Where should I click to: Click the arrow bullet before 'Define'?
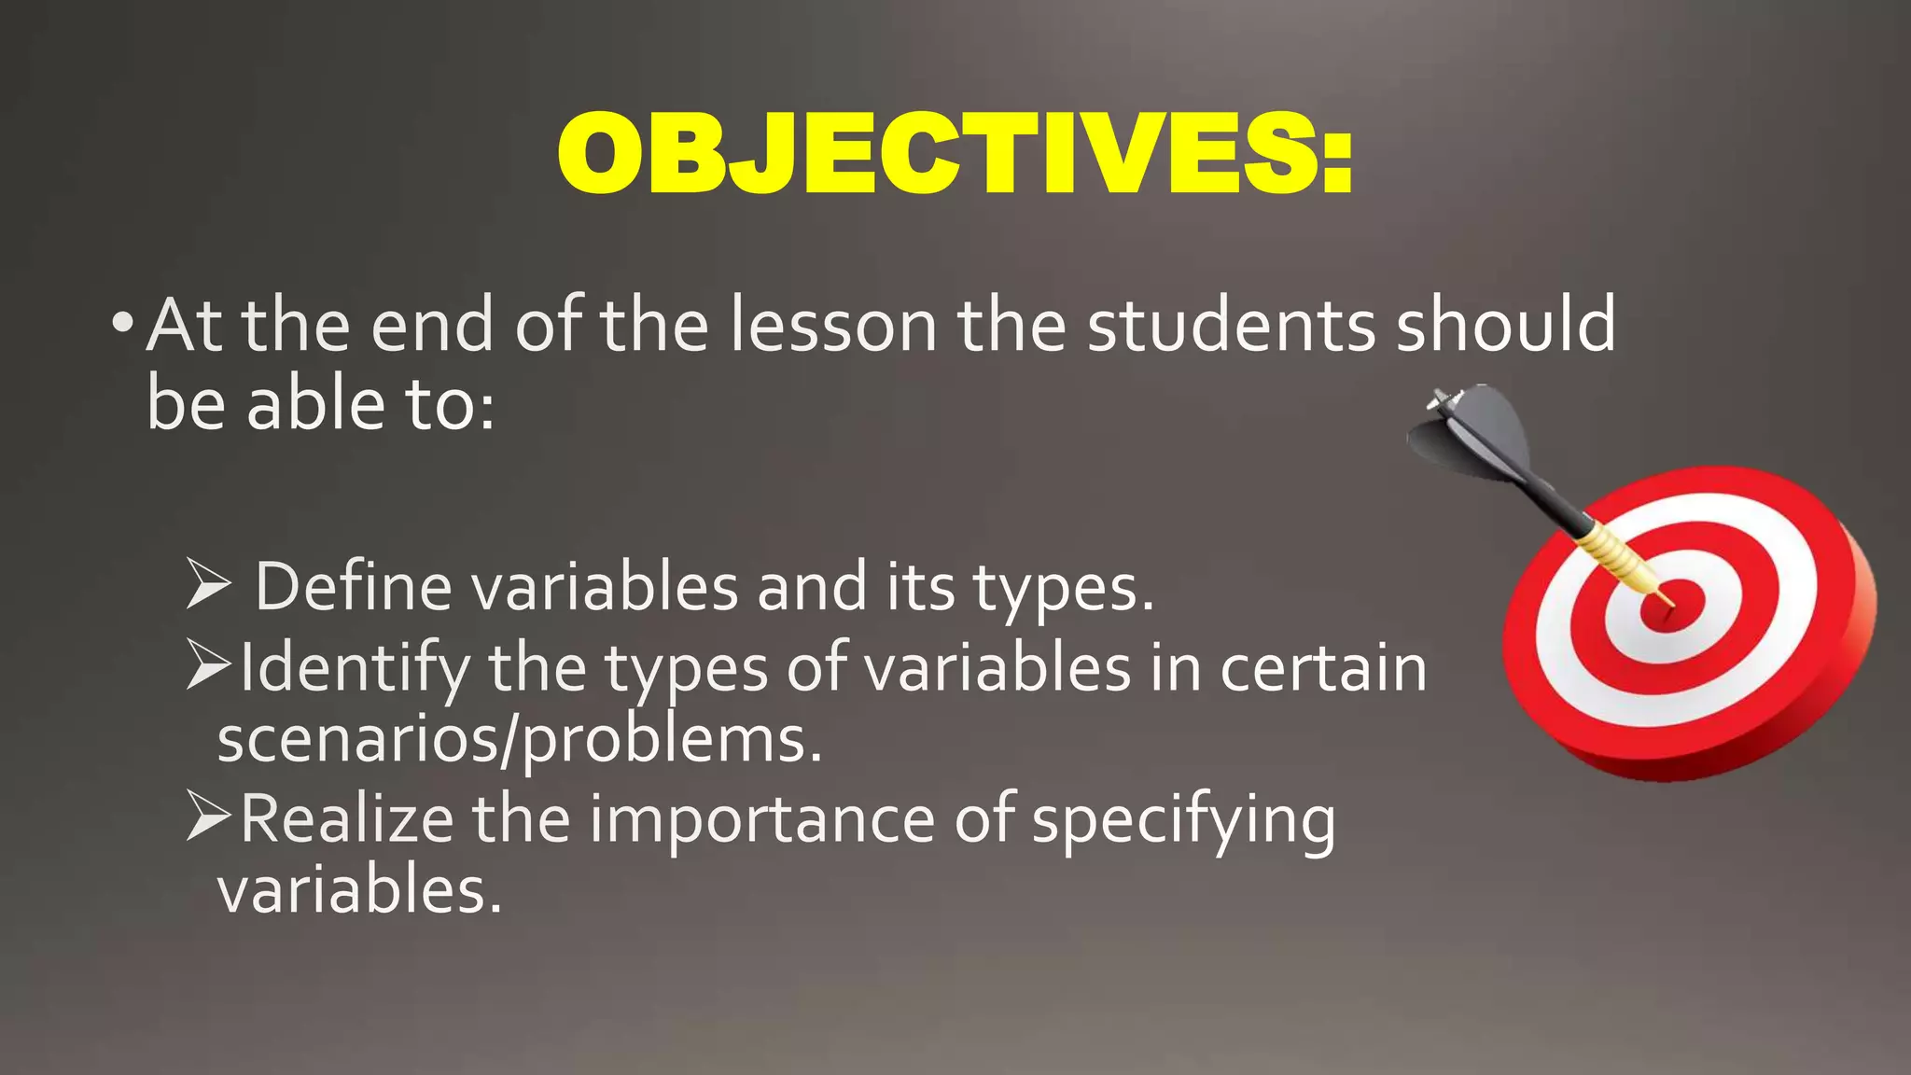point(207,584)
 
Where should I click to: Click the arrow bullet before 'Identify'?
point(207,664)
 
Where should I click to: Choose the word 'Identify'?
point(355,668)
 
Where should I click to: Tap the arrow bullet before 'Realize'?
point(207,816)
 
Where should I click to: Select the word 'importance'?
point(761,819)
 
